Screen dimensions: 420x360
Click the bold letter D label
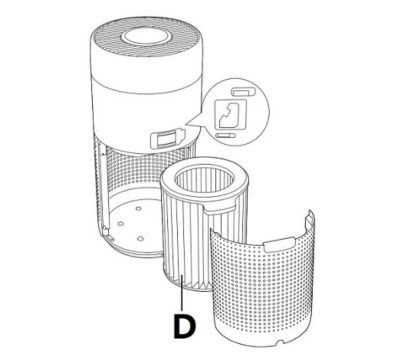pos(184,326)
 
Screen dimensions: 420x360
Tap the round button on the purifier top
pos(144,36)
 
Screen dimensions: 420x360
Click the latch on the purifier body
pos(167,138)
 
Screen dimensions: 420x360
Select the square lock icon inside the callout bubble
pos(230,114)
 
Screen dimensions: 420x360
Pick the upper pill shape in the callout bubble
pos(243,92)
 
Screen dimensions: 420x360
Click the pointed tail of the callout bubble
pos(194,122)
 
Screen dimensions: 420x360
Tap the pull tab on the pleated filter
pos(219,208)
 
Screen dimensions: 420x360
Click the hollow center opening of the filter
pos(204,182)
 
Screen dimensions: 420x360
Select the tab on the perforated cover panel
pos(279,244)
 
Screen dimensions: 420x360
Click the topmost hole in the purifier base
pos(138,208)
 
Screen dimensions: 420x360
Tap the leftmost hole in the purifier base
pos(121,223)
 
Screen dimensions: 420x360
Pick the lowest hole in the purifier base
pos(140,238)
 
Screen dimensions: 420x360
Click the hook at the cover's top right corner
pos(311,218)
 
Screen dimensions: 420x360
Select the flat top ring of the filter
pos(204,183)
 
